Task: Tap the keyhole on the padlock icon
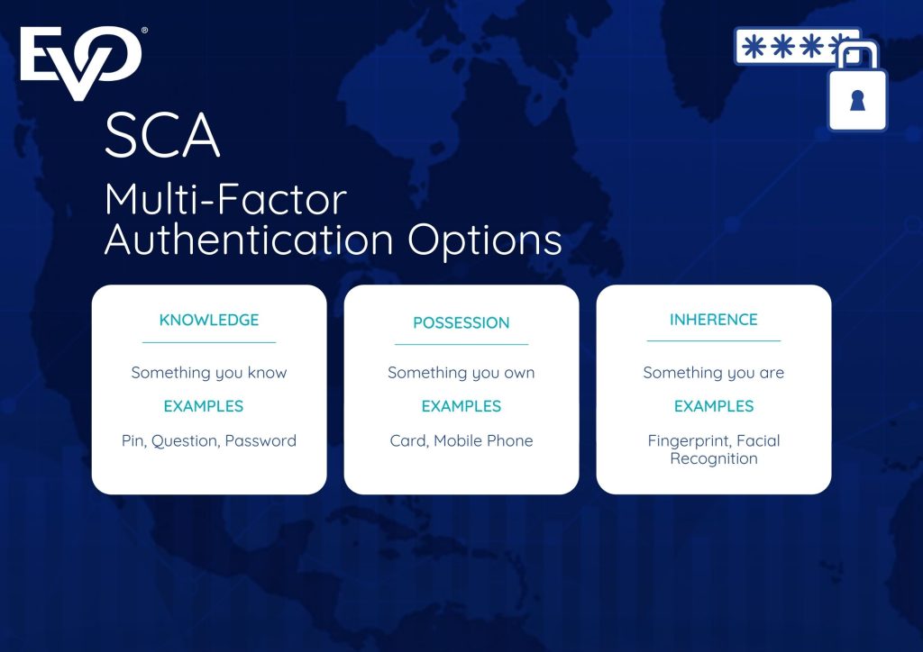click(x=857, y=102)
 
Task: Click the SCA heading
click(x=163, y=136)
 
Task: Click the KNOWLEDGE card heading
click(x=209, y=320)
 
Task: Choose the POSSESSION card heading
click(x=461, y=322)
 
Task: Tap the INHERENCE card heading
click(x=714, y=320)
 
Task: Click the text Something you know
click(x=209, y=372)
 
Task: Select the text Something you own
click(x=461, y=372)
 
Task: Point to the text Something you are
click(x=714, y=372)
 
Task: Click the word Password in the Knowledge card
click(x=260, y=440)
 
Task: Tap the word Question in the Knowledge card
click(x=184, y=440)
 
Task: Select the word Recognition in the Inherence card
click(x=714, y=458)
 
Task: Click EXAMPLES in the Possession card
click(x=461, y=406)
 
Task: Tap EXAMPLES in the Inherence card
click(x=714, y=406)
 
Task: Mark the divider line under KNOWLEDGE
click(x=209, y=342)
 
